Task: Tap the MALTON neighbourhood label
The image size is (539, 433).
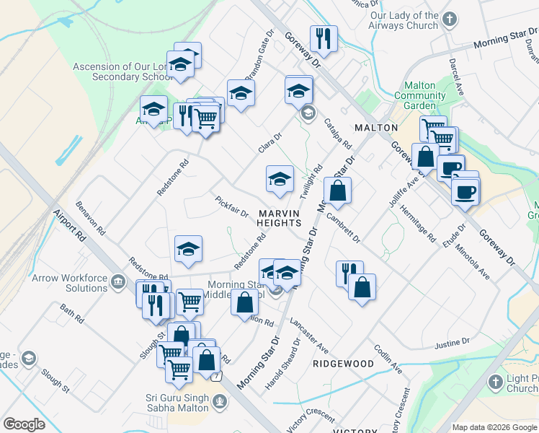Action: tap(376, 128)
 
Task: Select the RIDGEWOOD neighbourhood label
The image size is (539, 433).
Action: tap(343, 364)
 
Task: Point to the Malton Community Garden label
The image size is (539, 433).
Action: tap(419, 95)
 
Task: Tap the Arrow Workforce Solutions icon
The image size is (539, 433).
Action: tap(118, 279)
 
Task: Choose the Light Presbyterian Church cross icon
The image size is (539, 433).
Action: tap(495, 380)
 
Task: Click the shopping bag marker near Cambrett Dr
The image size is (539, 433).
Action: tap(337, 191)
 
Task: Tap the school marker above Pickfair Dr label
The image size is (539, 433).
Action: tap(280, 179)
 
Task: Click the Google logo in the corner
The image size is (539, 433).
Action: tap(24, 424)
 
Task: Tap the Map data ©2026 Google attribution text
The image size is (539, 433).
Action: tap(494, 427)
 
